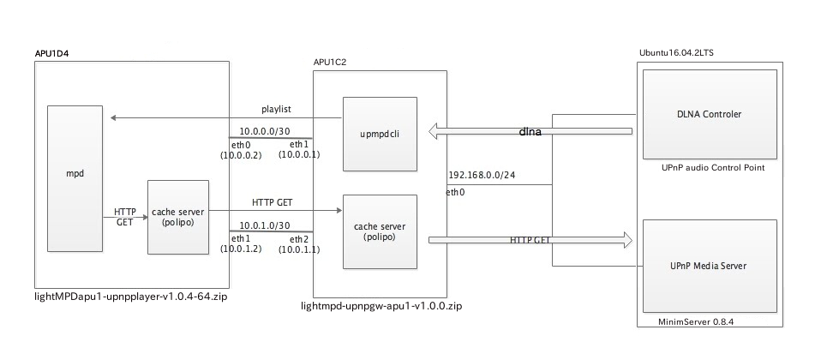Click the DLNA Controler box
pos(709,114)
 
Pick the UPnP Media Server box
pos(709,266)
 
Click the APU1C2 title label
pos(331,63)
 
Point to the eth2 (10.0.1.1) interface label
pos(297,244)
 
